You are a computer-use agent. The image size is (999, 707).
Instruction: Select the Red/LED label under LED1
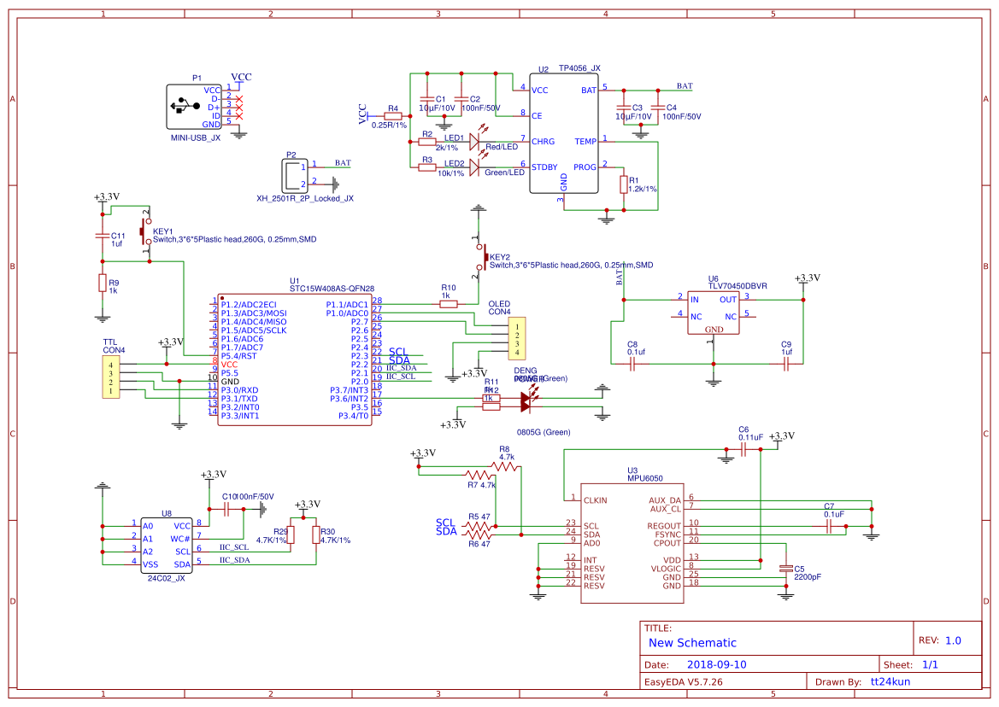click(502, 147)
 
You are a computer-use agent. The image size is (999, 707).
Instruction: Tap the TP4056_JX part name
click(579, 67)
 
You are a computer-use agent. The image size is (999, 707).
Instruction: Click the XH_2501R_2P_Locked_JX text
click(304, 198)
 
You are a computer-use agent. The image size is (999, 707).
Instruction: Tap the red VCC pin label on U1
click(229, 364)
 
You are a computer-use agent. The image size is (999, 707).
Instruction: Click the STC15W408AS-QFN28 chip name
click(332, 289)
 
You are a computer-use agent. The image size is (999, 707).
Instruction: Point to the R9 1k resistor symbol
click(102, 283)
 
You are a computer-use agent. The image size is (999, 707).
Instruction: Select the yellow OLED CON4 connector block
click(515, 339)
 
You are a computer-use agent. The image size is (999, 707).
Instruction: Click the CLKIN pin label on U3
click(596, 500)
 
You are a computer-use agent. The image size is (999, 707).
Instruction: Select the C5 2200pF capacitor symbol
click(785, 568)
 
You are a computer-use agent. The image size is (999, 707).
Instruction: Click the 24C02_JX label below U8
click(167, 578)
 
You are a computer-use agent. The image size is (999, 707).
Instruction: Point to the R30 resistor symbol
click(315, 535)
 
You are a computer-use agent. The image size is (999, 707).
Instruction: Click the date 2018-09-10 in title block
click(717, 664)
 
